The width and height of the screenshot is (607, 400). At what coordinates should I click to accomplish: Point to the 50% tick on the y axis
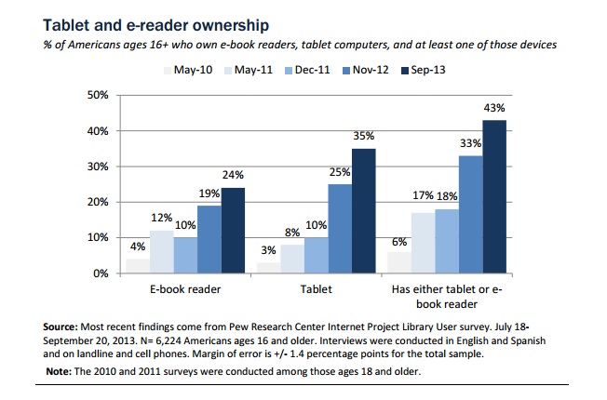[x=98, y=96]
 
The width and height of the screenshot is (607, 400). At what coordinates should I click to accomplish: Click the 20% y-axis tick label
[x=98, y=202]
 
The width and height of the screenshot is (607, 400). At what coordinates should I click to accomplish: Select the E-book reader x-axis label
[x=183, y=289]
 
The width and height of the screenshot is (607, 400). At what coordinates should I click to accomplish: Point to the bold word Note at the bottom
[x=61, y=372]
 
